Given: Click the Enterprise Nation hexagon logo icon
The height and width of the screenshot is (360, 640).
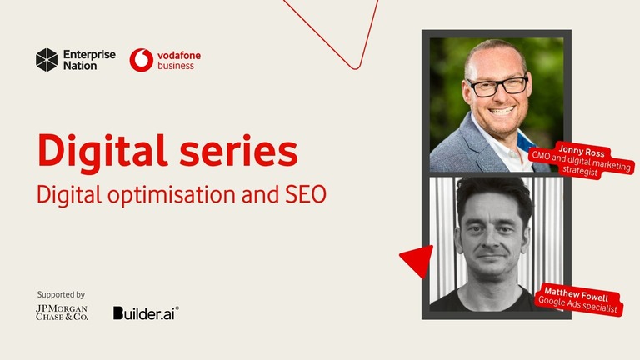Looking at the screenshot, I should click(x=47, y=59).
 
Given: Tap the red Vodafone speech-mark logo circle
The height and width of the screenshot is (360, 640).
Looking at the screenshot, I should click(x=141, y=60).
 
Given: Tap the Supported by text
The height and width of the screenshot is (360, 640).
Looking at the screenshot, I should click(x=61, y=294).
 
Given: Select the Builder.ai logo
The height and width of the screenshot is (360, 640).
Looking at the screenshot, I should click(x=146, y=312).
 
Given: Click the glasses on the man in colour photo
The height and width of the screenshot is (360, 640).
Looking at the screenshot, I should click(x=497, y=86).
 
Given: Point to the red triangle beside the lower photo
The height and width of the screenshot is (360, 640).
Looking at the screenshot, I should click(x=417, y=260).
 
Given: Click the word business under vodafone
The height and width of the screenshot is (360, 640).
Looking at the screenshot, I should click(x=176, y=66).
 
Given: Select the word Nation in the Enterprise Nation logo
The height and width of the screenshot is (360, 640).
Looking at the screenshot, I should click(x=80, y=66).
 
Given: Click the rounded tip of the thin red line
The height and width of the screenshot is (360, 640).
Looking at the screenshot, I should click(x=356, y=66).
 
